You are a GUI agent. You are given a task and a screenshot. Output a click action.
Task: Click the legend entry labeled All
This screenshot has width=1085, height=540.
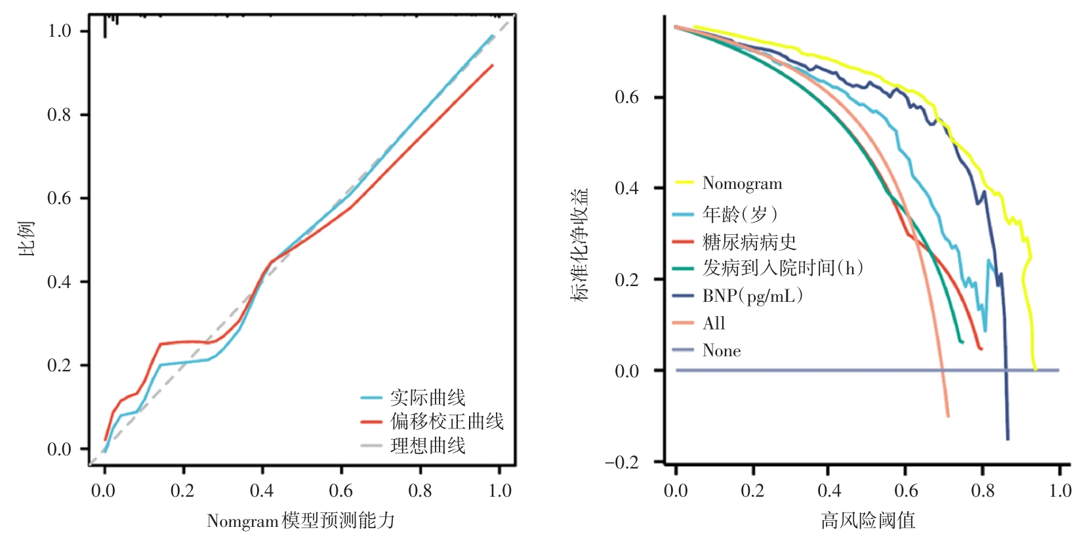tap(714, 323)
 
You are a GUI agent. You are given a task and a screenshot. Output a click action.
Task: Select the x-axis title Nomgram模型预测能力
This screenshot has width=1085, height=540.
tap(301, 521)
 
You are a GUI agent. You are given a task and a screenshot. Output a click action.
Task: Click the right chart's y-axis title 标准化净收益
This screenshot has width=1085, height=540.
tap(580, 244)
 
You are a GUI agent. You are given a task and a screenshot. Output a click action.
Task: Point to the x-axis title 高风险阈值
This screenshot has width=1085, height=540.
tap(867, 521)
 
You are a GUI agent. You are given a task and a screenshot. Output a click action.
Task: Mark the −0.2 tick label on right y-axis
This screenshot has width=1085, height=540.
tap(621, 463)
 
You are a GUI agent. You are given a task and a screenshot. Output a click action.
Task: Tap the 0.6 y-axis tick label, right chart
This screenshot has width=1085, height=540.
tap(626, 98)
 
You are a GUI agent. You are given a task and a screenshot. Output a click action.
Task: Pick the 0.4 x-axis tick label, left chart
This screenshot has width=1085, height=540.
tap(262, 491)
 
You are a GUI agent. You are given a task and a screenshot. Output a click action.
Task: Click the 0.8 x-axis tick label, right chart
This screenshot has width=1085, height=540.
tap(983, 491)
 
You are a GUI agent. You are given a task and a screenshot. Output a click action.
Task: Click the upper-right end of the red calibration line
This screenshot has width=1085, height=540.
tap(492, 65)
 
